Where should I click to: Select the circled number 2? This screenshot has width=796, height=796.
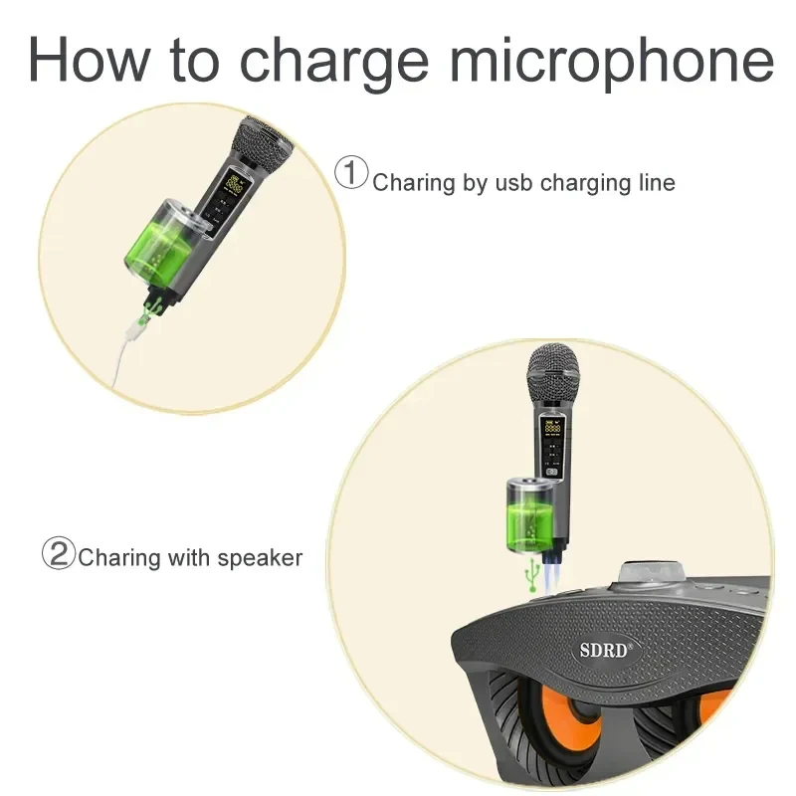[58, 553]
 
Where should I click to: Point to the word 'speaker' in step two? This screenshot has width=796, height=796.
[261, 558]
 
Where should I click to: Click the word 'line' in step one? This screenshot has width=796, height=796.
[652, 183]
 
